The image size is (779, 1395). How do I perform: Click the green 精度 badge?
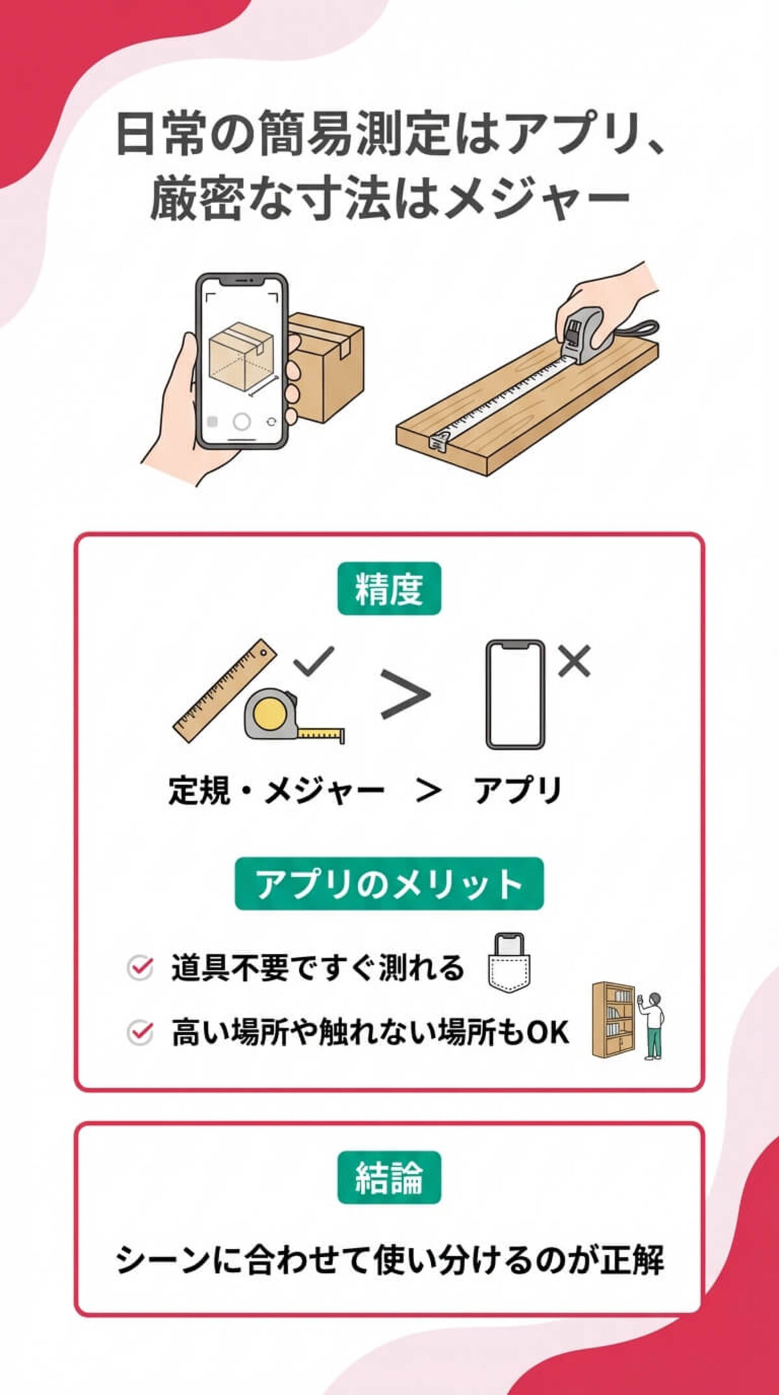pyautogui.click(x=389, y=588)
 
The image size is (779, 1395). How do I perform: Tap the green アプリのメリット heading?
pyautogui.click(x=389, y=883)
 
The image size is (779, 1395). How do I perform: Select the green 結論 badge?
pyautogui.click(x=389, y=1177)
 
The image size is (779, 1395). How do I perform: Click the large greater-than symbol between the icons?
pyautogui.click(x=405, y=694)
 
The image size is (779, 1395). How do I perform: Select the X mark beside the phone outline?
pyautogui.click(x=575, y=661)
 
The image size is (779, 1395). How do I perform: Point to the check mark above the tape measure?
pyautogui.click(x=314, y=661)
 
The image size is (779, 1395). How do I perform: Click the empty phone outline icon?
pyautogui.click(x=515, y=694)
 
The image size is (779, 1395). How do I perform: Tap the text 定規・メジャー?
pyautogui.click(x=277, y=791)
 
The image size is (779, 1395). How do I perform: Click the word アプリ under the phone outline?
pyautogui.click(x=517, y=791)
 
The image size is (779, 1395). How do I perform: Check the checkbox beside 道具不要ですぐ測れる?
pyautogui.click(x=140, y=968)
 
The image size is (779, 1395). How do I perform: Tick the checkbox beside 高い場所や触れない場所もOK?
pyautogui.click(x=140, y=1032)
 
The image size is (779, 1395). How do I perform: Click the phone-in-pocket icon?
pyautogui.click(x=509, y=963)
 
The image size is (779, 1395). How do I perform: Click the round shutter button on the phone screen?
pyautogui.click(x=241, y=422)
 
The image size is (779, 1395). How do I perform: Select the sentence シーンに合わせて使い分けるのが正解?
pyautogui.click(x=389, y=1260)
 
